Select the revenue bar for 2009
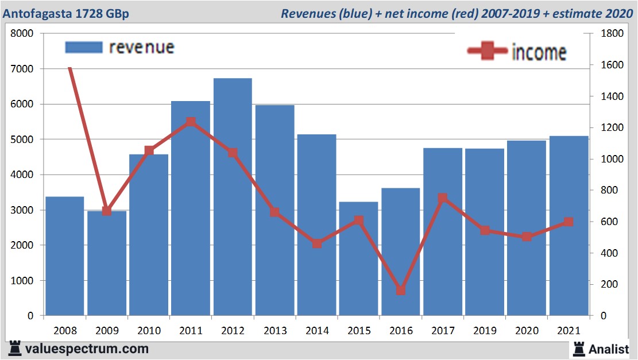click(x=107, y=264)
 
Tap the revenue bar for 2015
click(x=358, y=259)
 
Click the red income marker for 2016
click(x=401, y=290)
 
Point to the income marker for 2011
click(x=191, y=122)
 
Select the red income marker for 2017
click(x=443, y=199)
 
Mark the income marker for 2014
click(x=317, y=243)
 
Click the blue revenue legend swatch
click(x=83, y=47)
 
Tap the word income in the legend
click(x=539, y=52)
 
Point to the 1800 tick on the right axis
click(x=612, y=34)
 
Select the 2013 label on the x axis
click(x=274, y=331)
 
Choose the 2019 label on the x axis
click(x=485, y=331)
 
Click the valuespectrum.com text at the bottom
click(x=87, y=349)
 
